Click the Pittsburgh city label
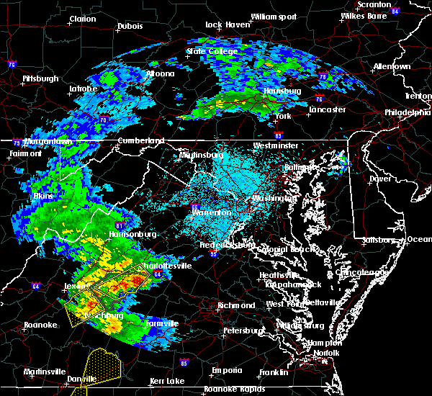(x=40, y=78)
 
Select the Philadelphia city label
(x=407, y=112)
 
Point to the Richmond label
(x=237, y=305)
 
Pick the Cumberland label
(x=141, y=140)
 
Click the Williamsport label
(x=274, y=16)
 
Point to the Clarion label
(x=83, y=19)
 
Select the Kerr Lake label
(x=168, y=380)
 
